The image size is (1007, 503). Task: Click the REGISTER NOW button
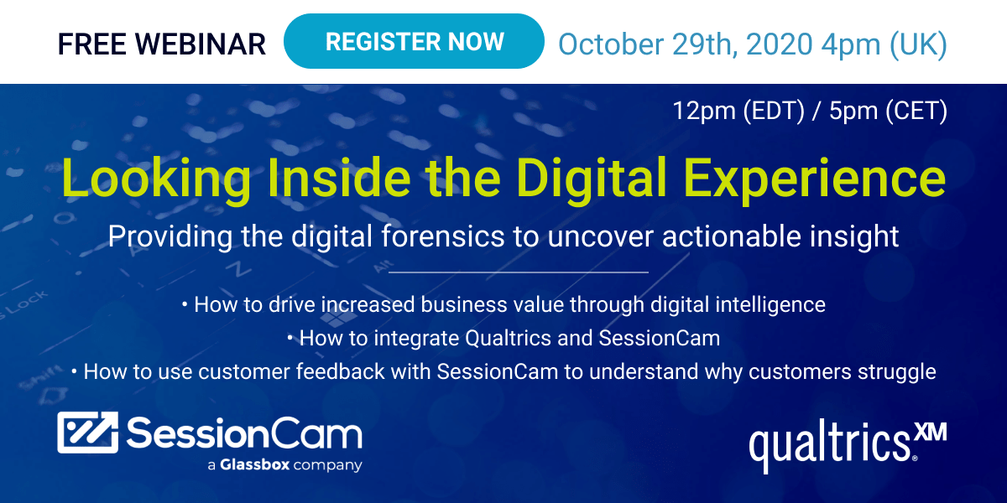414,41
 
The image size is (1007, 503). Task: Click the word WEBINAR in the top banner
200,44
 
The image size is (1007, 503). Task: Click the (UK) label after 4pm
918,45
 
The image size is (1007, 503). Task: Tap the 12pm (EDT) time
738,111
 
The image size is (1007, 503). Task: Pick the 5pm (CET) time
888,111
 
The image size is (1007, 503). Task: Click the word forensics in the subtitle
443,236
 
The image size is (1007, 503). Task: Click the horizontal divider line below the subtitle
519,272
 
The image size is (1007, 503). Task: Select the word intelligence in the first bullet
770,305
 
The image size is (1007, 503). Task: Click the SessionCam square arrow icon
87,432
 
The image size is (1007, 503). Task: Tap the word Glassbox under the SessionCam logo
255,464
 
